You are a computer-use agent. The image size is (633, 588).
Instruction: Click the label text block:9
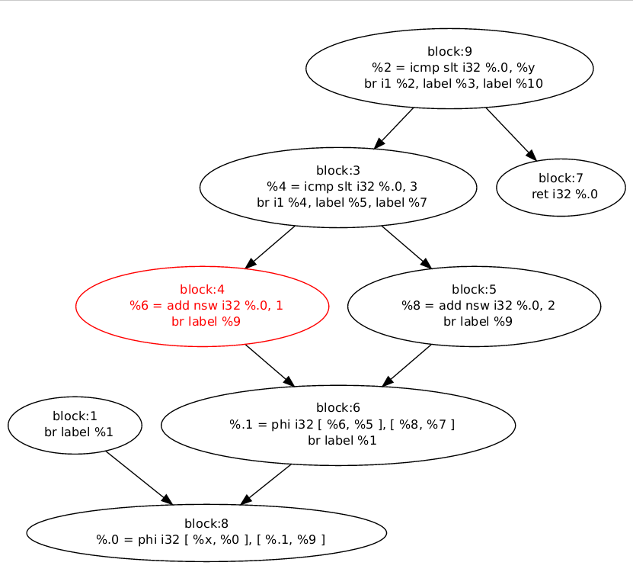click(x=449, y=52)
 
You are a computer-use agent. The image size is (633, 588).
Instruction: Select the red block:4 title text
click(x=202, y=289)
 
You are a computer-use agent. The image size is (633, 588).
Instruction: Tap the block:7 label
click(x=561, y=178)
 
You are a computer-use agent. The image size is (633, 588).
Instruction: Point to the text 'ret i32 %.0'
click(x=564, y=194)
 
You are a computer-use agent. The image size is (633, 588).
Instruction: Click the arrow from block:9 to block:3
click(x=394, y=127)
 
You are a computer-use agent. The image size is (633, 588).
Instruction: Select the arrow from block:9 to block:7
click(x=510, y=133)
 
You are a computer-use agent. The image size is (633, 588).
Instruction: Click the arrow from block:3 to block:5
click(x=406, y=247)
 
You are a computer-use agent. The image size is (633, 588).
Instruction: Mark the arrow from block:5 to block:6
click(x=407, y=365)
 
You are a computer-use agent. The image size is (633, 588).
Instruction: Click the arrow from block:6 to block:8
click(x=266, y=484)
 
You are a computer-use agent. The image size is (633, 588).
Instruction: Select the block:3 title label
click(x=338, y=170)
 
